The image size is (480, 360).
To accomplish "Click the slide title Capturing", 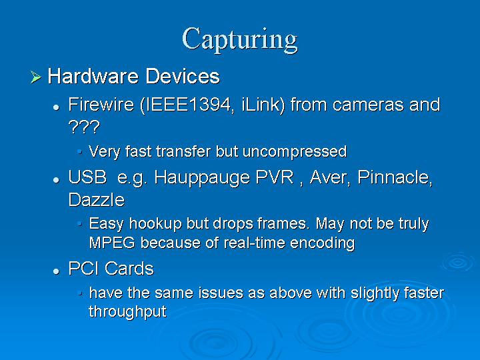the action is pyautogui.click(x=240, y=40).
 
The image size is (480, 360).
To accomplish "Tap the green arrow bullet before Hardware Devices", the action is pyautogui.click(x=36, y=77).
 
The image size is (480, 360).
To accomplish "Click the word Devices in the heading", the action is pyautogui.click(x=183, y=76).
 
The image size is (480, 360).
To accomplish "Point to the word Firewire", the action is pyautogui.click(x=101, y=105).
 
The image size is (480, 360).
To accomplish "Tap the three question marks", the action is pyautogui.click(x=84, y=127).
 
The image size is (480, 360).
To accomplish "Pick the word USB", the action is pyautogui.click(x=87, y=177).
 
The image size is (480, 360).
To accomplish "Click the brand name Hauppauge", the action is pyautogui.click(x=202, y=178).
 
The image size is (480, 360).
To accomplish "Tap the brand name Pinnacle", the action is pyautogui.click(x=395, y=177).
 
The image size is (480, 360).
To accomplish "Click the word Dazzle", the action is pyautogui.click(x=97, y=200).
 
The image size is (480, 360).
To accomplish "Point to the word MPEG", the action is pyautogui.click(x=112, y=243).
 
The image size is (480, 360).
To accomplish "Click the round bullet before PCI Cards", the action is pyautogui.click(x=56, y=271).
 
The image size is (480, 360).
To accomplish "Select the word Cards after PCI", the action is pyautogui.click(x=129, y=269).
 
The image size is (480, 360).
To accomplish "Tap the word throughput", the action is pyautogui.click(x=127, y=312).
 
